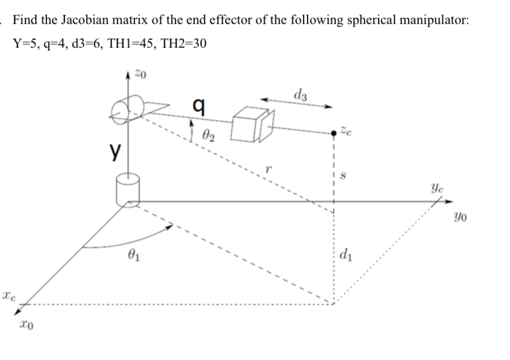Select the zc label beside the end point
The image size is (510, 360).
tap(346, 131)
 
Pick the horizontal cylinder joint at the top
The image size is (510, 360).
tap(126, 111)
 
